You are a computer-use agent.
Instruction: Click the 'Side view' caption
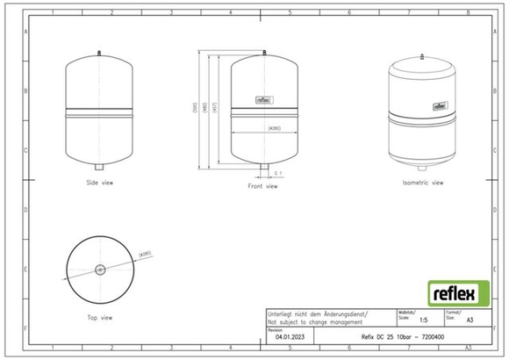click(99, 183)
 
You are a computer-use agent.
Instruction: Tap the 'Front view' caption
click(263, 186)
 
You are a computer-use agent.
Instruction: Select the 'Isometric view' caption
click(422, 183)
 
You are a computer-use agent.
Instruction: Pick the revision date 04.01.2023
click(289, 336)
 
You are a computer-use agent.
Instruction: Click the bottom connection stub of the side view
click(100, 167)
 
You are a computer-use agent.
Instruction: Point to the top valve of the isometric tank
click(423, 54)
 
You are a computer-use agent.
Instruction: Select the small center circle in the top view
click(99, 269)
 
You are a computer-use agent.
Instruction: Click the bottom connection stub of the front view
click(263, 167)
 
